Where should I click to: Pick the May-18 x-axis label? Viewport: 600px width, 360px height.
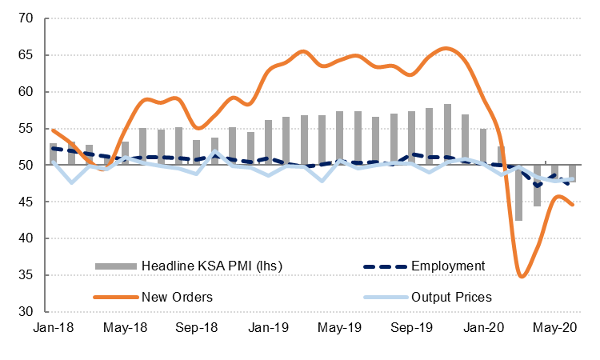coord(125,328)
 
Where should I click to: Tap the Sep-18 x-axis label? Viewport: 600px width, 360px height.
coord(197,328)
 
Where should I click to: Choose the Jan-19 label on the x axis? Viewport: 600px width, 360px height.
coord(270,328)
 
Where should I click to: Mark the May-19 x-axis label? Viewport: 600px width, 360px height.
coord(342,328)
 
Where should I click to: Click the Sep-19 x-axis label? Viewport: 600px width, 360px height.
coord(414,328)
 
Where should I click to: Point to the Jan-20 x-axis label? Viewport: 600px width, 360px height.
coord(486,328)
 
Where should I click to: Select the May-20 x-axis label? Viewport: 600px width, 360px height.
coord(559,328)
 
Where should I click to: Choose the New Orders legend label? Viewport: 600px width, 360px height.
coord(177,297)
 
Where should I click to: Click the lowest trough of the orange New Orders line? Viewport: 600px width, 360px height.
coord(522,277)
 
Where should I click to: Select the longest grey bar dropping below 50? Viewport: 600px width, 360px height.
coord(518,193)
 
